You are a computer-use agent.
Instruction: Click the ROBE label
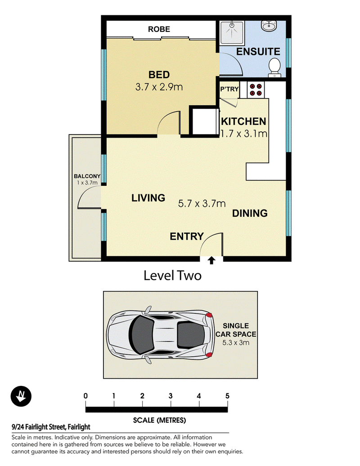point(159,29)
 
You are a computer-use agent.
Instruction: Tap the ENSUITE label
point(258,52)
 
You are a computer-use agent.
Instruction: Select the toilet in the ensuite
point(274,67)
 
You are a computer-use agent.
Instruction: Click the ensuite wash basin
point(269,26)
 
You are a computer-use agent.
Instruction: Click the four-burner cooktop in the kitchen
point(256,90)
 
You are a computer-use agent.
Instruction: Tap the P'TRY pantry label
point(229,89)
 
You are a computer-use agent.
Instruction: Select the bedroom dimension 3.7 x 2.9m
point(159,87)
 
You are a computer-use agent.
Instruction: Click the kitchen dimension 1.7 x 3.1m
point(244,134)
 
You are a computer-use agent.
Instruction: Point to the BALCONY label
point(87,176)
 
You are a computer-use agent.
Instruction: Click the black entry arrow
point(211,260)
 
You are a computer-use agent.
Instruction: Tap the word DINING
point(250,213)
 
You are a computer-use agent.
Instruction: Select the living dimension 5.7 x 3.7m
point(202,204)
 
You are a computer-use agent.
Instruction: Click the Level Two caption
point(172,275)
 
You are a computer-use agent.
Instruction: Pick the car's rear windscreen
point(190,335)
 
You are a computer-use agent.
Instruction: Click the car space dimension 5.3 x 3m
point(236,343)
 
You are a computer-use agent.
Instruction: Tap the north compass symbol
point(21,396)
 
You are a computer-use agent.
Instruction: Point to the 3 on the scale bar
point(171,396)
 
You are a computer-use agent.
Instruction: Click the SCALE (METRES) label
point(159,420)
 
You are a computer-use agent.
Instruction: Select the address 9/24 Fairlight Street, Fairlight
point(51,427)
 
